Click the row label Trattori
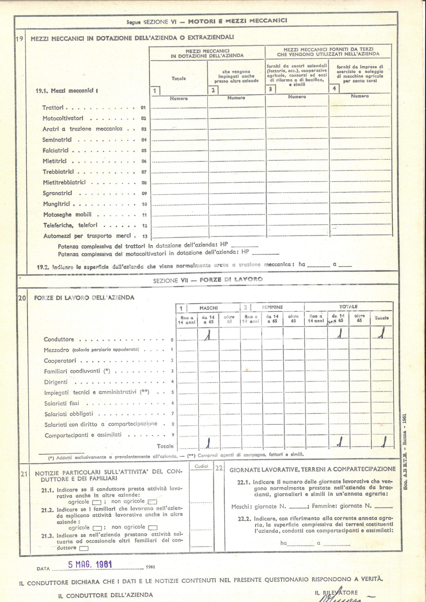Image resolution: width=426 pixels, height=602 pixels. [53, 108]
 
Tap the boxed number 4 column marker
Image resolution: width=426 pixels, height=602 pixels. [334, 88]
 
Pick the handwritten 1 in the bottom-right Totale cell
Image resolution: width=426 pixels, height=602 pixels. [384, 443]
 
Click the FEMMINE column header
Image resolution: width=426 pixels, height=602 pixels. [272, 307]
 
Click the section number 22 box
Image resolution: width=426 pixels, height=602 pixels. [219, 468]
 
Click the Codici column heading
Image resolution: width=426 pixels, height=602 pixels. [201, 466]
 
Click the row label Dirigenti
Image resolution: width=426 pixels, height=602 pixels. [56, 382]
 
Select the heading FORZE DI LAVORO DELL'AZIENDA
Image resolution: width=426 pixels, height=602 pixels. [84, 298]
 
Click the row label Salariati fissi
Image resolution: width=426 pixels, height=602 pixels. [61, 403]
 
